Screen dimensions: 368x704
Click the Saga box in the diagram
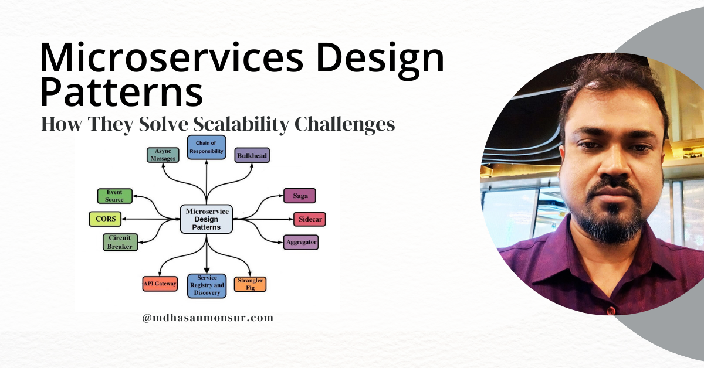click(300, 196)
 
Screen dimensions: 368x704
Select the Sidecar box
click(309, 219)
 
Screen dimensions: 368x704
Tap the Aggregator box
click(301, 241)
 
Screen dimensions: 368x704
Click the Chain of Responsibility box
click(206, 147)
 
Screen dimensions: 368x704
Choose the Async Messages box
click(161, 155)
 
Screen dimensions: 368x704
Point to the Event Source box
click(114, 196)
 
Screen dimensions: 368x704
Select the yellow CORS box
click(106, 219)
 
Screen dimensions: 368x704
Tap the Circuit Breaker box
click(120, 242)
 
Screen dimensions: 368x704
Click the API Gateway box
click(160, 284)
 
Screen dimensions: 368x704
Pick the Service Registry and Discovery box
click(207, 285)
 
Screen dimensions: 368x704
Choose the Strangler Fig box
click(251, 284)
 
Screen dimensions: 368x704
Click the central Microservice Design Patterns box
click(207, 219)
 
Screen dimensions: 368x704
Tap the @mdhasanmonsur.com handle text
click(208, 318)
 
